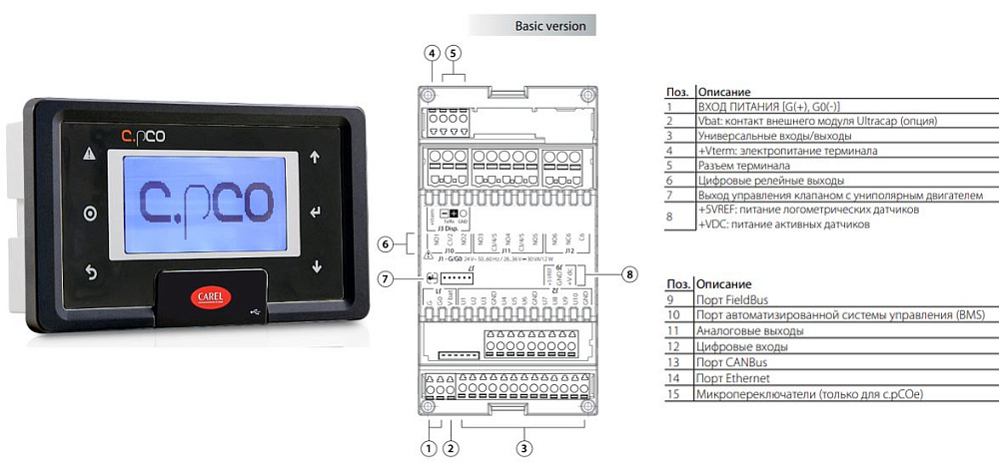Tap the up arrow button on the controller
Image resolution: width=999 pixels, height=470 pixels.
click(x=316, y=156)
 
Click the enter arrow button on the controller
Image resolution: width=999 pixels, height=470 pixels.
click(x=317, y=212)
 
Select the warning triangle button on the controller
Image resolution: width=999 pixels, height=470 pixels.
click(x=90, y=155)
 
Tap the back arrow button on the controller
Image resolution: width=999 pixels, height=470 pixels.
click(x=91, y=271)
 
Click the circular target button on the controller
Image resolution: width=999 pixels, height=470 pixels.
click(x=91, y=214)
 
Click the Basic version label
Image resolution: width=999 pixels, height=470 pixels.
click(x=549, y=25)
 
